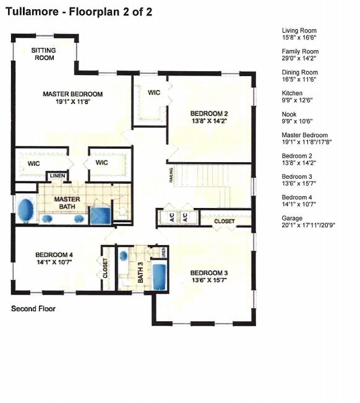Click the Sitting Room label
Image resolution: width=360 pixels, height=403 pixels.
click(x=43, y=54)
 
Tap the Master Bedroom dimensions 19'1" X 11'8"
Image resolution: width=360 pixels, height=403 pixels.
click(x=72, y=102)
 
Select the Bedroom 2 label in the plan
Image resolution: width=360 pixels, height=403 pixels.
click(x=208, y=113)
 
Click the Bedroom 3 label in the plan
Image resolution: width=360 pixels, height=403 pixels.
click(x=208, y=274)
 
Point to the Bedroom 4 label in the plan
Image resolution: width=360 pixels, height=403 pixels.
click(x=54, y=254)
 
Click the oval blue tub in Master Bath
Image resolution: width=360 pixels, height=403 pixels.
click(x=25, y=210)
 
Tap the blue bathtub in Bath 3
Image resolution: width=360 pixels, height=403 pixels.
click(x=160, y=276)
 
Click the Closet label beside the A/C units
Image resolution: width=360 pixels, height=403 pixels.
click(x=224, y=221)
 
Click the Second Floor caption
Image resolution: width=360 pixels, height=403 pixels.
click(x=33, y=308)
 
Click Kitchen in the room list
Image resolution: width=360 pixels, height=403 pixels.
click(x=292, y=93)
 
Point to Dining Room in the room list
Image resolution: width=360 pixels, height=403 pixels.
click(x=298, y=72)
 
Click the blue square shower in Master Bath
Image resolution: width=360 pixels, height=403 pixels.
click(x=100, y=215)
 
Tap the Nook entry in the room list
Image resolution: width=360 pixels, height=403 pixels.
click(x=289, y=115)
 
